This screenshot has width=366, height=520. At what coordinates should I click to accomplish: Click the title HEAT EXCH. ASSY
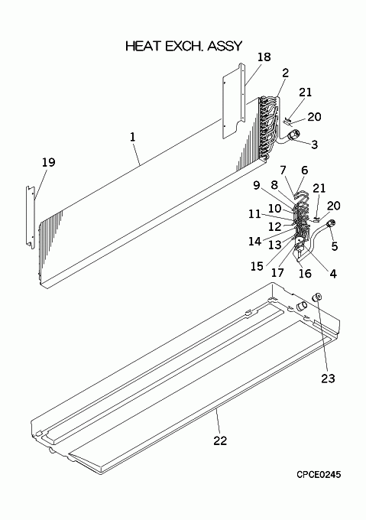pyautogui.click(x=184, y=46)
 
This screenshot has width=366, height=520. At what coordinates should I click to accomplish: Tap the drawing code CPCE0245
pyautogui.click(x=319, y=475)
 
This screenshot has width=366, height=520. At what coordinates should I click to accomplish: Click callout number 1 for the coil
pyautogui.click(x=133, y=137)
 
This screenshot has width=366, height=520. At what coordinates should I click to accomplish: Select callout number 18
pyautogui.click(x=264, y=57)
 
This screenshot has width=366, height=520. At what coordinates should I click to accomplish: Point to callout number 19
pyautogui.click(x=48, y=162)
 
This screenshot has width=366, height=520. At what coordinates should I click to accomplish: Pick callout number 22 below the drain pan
pyautogui.click(x=220, y=440)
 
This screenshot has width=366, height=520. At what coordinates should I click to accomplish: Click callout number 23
pyautogui.click(x=328, y=379)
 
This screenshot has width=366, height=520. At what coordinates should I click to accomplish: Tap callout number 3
pyautogui.click(x=314, y=145)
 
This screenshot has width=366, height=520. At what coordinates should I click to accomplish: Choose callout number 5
pyautogui.click(x=335, y=246)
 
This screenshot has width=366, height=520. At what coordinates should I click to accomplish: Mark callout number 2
pyautogui.click(x=285, y=73)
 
